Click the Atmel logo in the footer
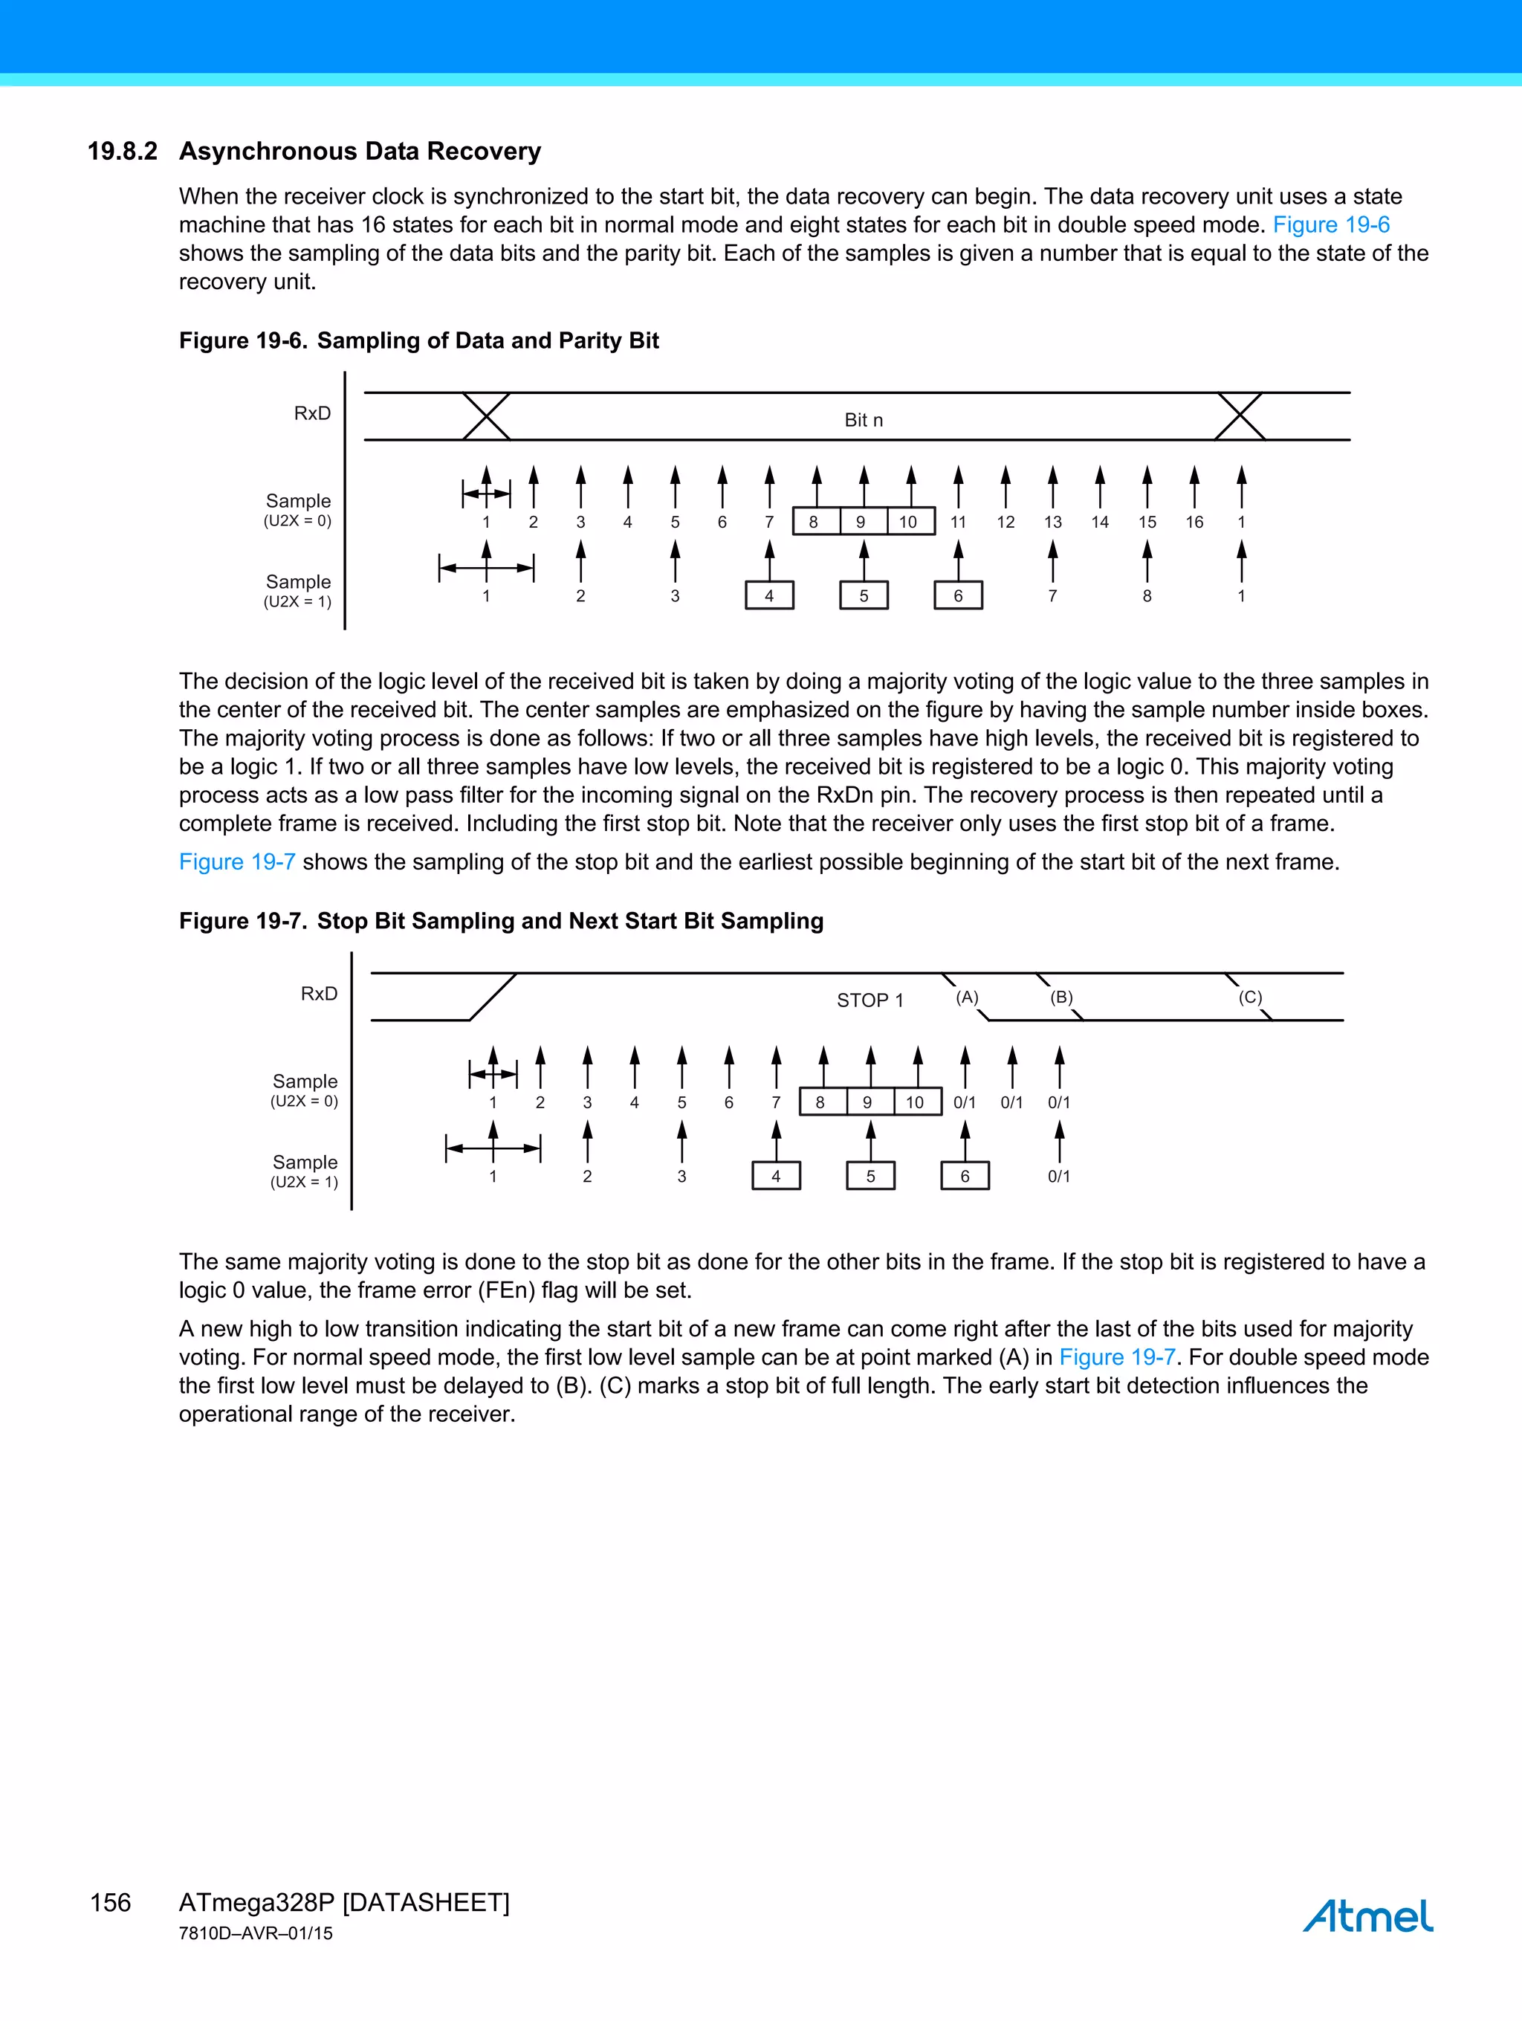tap(1367, 1915)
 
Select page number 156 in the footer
tap(111, 1902)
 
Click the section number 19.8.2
tap(123, 151)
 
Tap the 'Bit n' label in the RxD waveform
tap(864, 420)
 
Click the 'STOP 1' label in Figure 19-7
tap(870, 1000)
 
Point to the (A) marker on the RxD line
tap(967, 997)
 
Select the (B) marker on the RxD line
tap(1060, 997)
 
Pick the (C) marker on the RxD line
tap(1250, 997)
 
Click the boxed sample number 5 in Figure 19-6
tap(864, 595)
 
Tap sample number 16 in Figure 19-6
tap(1194, 522)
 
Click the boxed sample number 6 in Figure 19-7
tap(965, 1176)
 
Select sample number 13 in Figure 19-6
tap(1052, 522)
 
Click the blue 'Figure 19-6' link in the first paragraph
tap(1331, 224)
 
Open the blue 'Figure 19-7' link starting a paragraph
tap(236, 861)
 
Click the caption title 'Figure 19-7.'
tap(243, 921)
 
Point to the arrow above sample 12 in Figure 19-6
tap(1005, 486)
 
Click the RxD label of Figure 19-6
tap(312, 413)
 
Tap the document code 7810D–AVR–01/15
tap(256, 1933)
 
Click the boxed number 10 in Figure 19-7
tap(915, 1102)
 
